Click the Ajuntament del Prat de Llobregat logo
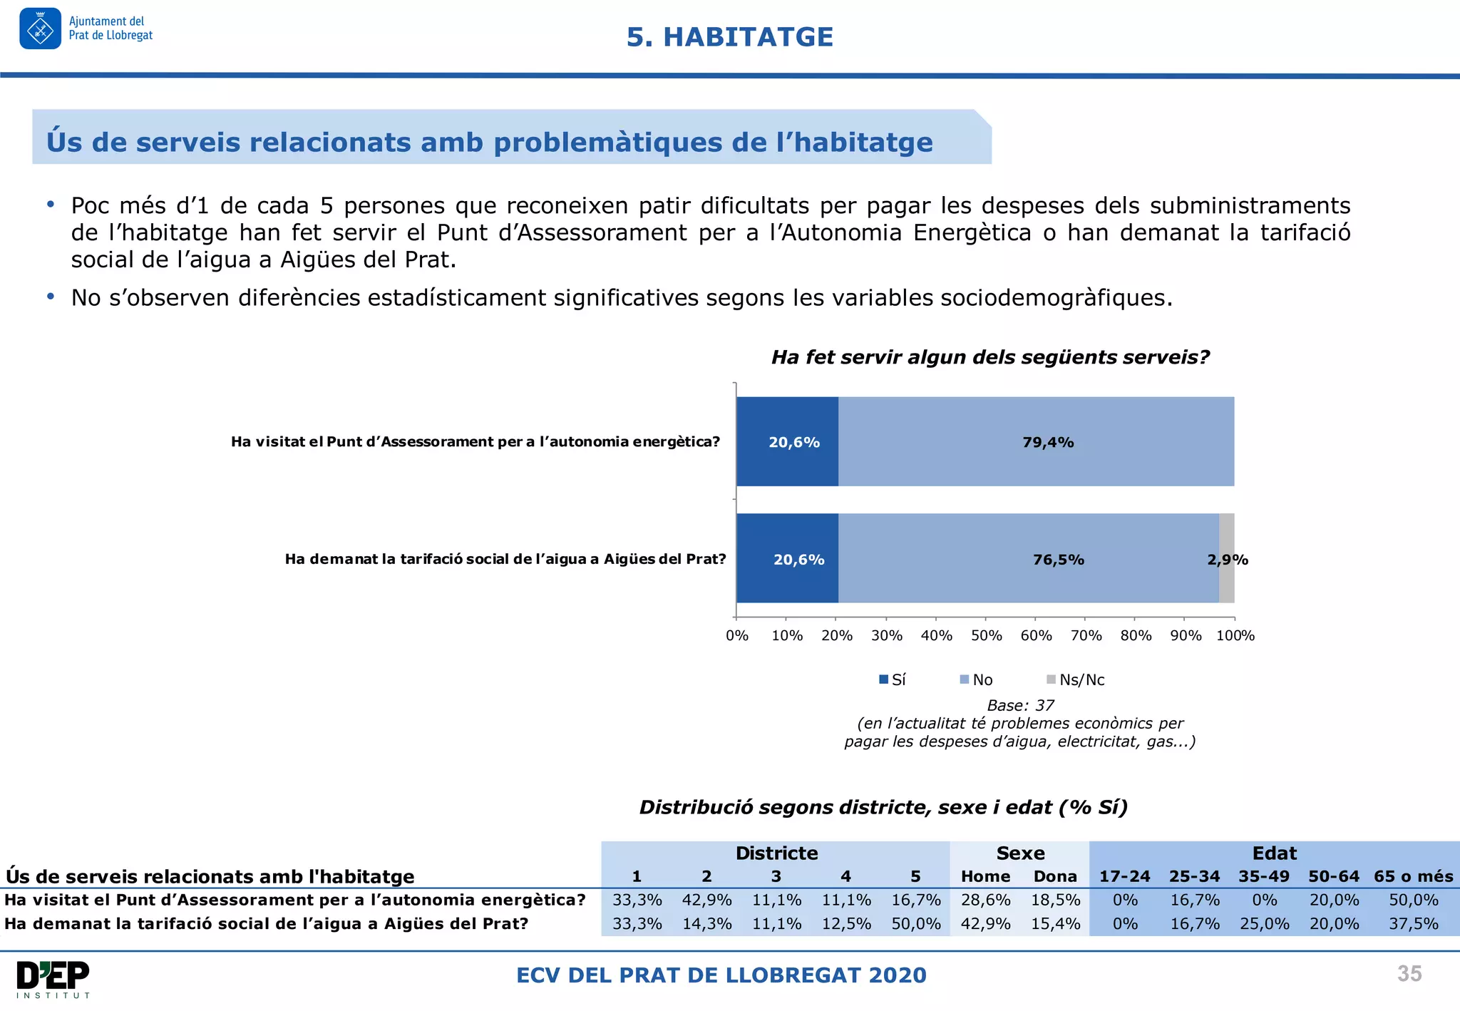click(86, 29)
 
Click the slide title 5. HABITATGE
click(729, 37)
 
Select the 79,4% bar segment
click(1036, 442)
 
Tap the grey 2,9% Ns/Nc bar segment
click(1226, 558)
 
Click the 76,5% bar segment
click(1029, 559)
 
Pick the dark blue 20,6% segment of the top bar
click(787, 442)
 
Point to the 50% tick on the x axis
click(986, 635)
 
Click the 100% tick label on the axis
click(1235, 635)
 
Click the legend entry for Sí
click(893, 679)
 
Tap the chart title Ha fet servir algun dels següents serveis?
click(990, 357)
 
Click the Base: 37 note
click(1020, 705)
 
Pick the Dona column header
click(1055, 876)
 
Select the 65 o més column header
click(1413, 876)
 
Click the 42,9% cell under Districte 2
click(706, 900)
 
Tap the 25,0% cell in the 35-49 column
click(1264, 924)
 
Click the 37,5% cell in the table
click(1413, 924)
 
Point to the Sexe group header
click(1020, 853)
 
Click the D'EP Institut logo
click(53, 979)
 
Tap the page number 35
click(1409, 974)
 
